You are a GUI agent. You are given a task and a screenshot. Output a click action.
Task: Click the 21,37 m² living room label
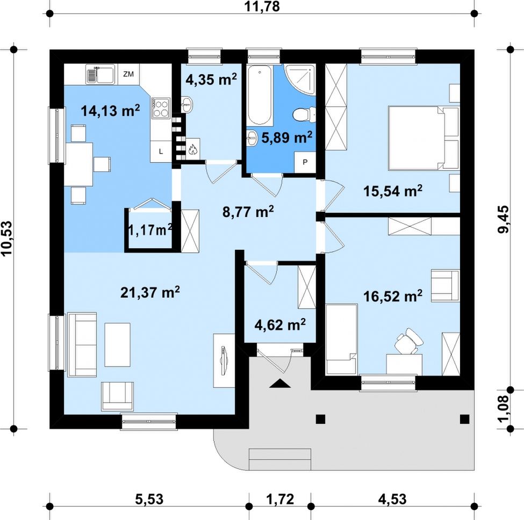tap(150, 292)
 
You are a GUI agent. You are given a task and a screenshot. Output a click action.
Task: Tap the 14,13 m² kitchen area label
tap(110, 111)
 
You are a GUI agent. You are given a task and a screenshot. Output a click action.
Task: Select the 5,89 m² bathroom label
tap(287, 137)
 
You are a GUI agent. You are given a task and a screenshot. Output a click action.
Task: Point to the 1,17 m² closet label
tap(150, 229)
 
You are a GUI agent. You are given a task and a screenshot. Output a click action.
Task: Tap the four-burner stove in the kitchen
tap(161, 108)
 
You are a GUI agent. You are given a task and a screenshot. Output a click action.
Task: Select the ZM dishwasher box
tap(128, 74)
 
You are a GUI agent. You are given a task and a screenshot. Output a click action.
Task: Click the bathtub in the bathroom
tap(260, 95)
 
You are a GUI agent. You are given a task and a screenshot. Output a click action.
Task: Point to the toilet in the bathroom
tap(304, 114)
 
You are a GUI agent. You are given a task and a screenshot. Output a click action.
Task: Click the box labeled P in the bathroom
tap(305, 162)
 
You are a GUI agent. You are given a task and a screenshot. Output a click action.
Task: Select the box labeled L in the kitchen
tap(161, 151)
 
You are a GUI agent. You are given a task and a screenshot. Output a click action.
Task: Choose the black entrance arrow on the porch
tap(280, 384)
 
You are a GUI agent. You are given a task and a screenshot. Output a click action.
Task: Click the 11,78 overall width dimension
tap(262, 6)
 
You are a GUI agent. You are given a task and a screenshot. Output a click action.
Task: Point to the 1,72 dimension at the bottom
tap(280, 499)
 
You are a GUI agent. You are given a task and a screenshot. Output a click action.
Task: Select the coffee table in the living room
tap(117, 345)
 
